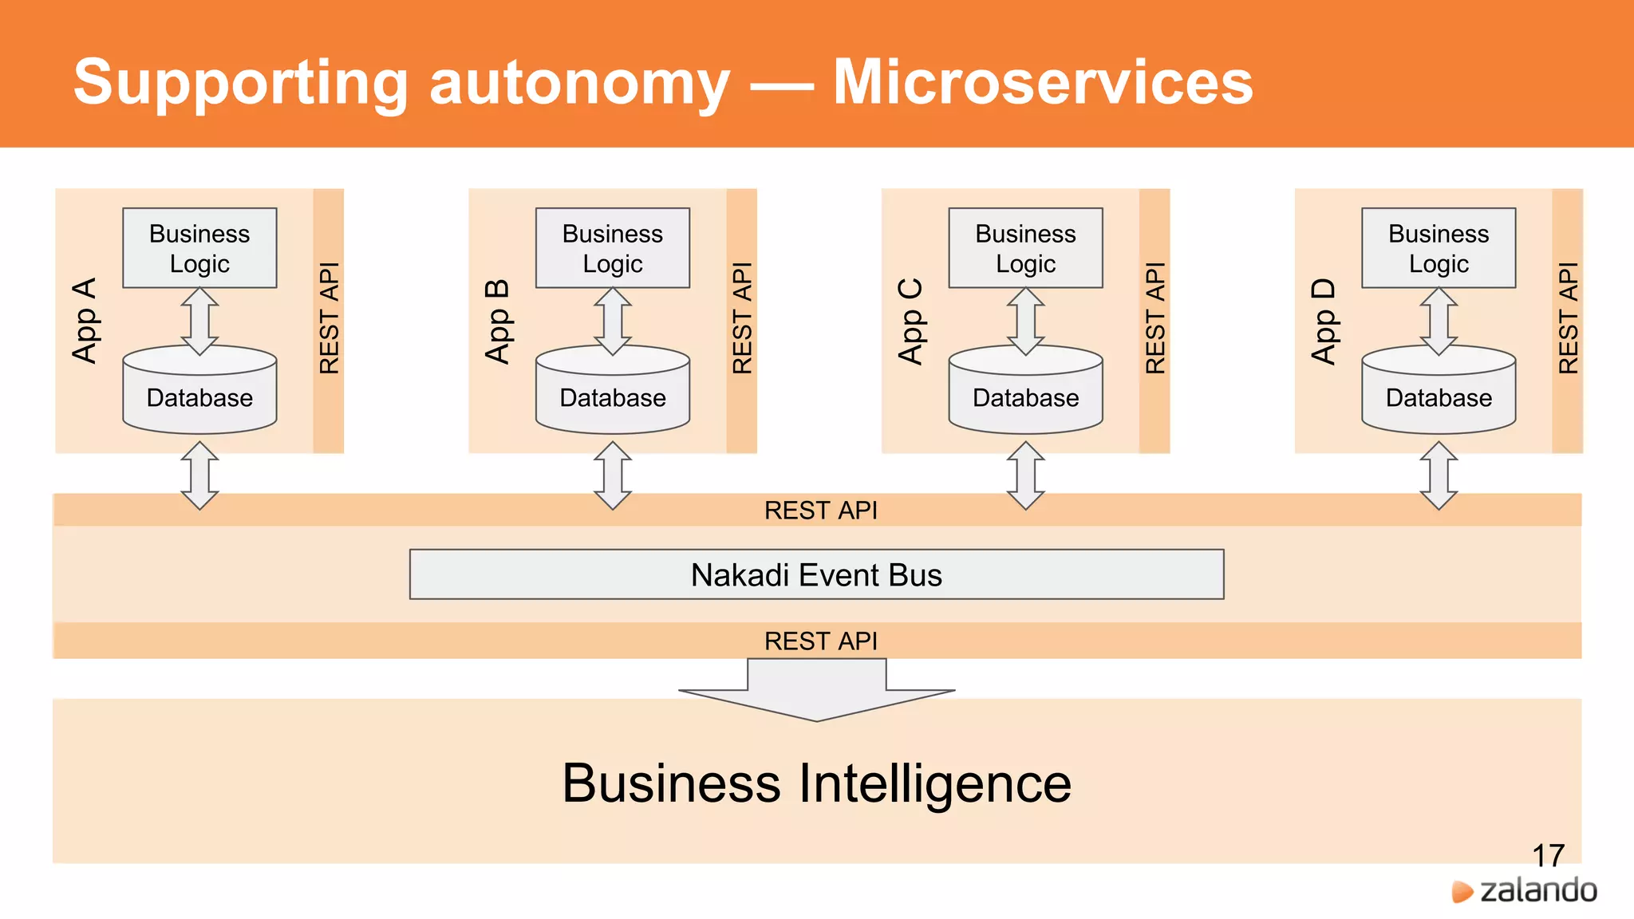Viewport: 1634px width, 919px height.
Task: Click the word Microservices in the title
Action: (1042, 82)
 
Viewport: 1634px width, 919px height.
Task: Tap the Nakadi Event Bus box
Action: (816, 574)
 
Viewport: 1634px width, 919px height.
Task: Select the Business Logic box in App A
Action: (199, 248)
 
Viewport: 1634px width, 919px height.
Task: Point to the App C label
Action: (910, 321)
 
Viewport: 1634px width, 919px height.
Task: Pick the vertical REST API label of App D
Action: (1568, 318)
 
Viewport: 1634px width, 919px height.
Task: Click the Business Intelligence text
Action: (816, 783)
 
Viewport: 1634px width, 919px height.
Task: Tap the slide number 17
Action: (1548, 855)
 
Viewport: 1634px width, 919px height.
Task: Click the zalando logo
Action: (1525, 890)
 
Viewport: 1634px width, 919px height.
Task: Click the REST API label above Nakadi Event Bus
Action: (820, 511)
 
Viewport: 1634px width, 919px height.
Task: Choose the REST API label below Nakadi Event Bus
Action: (820, 641)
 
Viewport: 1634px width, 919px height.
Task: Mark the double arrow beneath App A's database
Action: (199, 475)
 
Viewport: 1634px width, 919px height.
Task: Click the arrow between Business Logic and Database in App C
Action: (1025, 321)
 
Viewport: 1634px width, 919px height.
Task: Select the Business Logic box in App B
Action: (613, 248)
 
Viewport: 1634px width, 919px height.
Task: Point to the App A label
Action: (85, 321)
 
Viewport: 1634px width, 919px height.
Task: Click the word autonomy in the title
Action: (579, 82)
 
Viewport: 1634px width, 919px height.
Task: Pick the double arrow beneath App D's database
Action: (1439, 475)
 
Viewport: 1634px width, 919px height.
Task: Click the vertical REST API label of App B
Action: (742, 318)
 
